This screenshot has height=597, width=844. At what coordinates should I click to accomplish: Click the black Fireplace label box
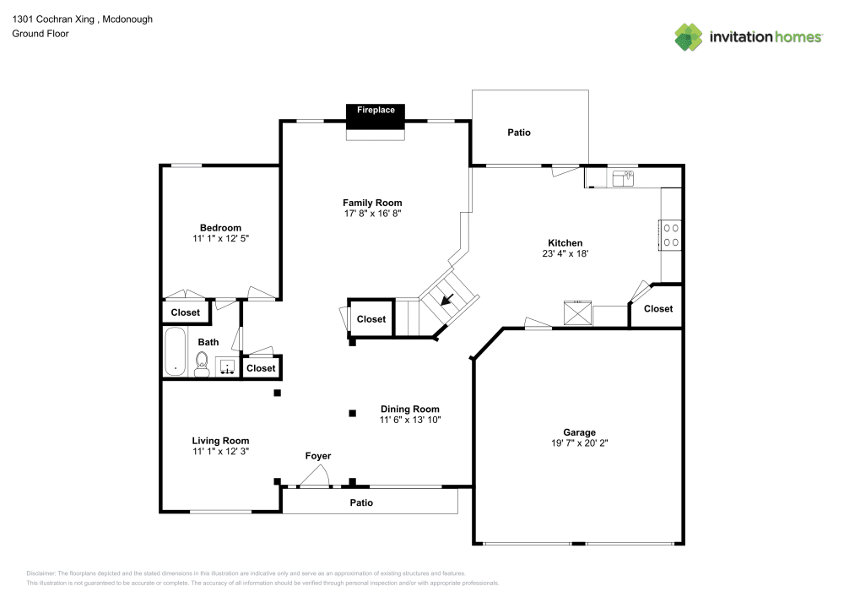[376, 116]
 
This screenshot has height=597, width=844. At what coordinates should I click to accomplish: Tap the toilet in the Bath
[203, 363]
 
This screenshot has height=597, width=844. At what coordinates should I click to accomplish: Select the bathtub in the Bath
[176, 352]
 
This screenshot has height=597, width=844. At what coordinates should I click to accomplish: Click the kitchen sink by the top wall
[624, 177]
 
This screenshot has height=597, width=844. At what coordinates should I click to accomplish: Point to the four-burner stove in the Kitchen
[671, 235]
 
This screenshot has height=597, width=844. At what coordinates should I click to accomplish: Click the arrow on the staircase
[445, 298]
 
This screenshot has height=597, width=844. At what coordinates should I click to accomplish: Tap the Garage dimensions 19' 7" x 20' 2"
[579, 442]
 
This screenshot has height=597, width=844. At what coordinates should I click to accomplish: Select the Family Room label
[372, 203]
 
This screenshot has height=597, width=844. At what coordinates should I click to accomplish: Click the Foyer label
[318, 456]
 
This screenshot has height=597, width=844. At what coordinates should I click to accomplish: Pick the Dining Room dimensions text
[410, 420]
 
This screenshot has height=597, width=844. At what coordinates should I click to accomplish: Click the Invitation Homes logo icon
[688, 36]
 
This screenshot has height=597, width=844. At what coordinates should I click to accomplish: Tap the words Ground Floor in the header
[41, 34]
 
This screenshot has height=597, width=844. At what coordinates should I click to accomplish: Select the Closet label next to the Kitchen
[658, 309]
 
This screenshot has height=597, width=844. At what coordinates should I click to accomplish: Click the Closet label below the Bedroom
[186, 312]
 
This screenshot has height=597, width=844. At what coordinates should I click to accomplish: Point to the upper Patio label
[519, 133]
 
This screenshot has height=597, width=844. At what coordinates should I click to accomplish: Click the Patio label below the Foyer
[361, 502]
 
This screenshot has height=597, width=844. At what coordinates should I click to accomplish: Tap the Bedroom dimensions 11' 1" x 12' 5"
[220, 239]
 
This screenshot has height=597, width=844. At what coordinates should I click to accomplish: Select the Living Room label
[220, 440]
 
